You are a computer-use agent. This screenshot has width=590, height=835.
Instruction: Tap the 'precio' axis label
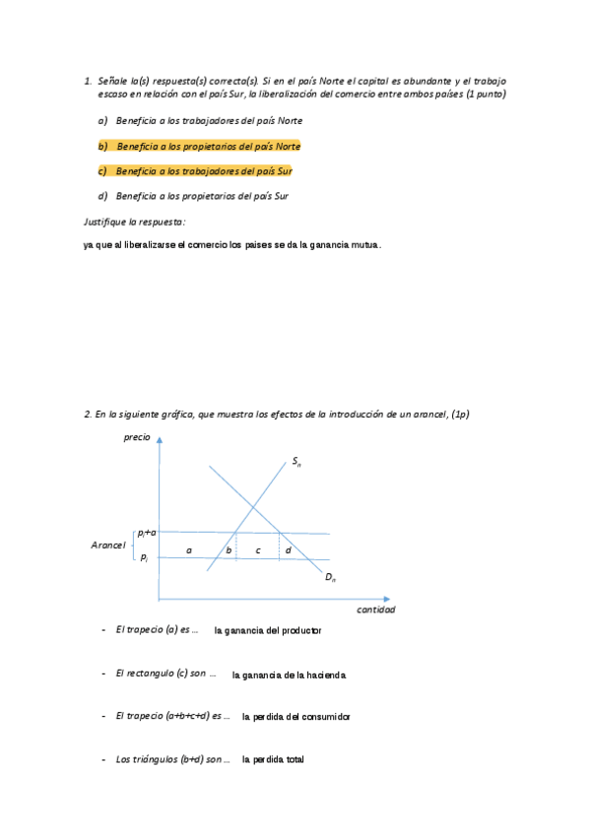coord(138,436)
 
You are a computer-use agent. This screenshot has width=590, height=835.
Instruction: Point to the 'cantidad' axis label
coord(375,610)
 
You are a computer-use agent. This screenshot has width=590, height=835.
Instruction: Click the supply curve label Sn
coord(296,461)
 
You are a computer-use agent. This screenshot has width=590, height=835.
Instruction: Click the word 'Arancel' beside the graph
coord(106,545)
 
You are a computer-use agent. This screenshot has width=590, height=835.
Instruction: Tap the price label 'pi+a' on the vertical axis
coord(147,532)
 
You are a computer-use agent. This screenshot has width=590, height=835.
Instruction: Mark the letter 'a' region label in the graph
coord(189,549)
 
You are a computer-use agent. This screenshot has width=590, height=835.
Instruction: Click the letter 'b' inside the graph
coord(229,549)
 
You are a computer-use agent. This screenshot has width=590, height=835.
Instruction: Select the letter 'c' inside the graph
coord(257,549)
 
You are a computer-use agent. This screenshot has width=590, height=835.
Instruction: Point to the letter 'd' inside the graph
coord(288,549)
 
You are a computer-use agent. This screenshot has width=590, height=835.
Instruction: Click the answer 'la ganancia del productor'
coord(268,630)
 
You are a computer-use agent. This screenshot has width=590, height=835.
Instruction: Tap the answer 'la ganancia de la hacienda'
coord(289,674)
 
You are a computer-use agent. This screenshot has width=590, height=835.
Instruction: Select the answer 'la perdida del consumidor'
coord(295,717)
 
